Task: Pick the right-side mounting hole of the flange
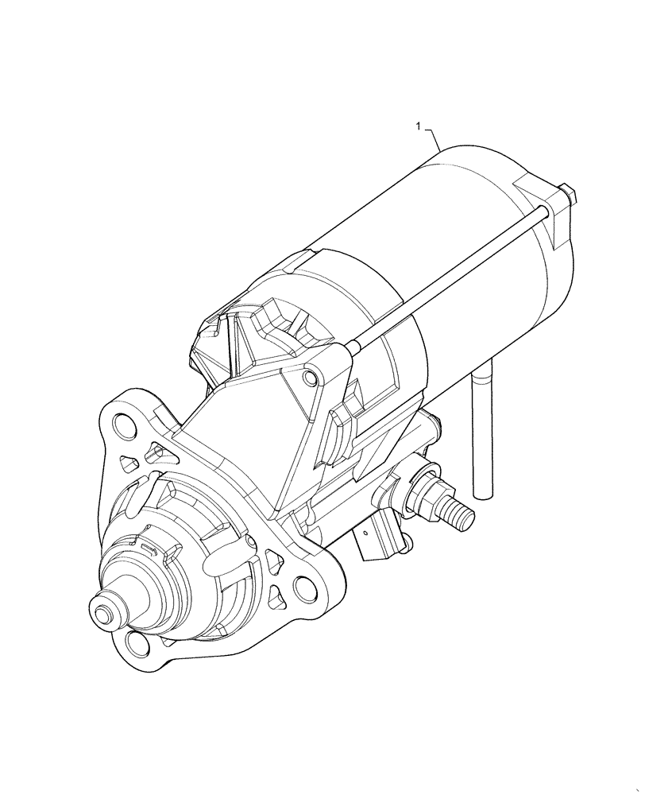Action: point(305,589)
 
